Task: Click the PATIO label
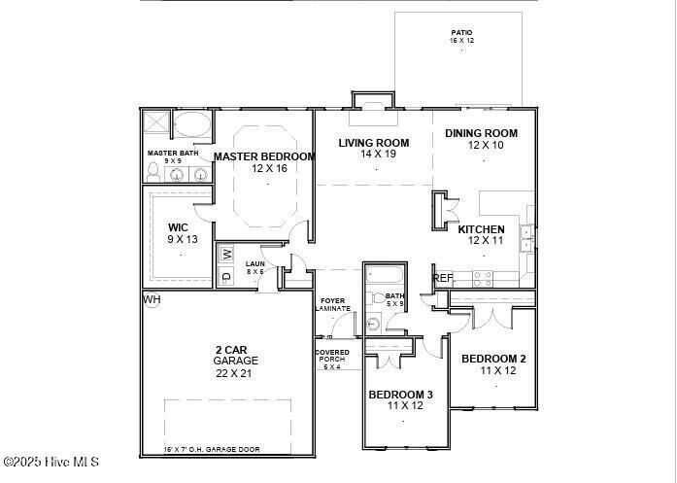[461, 33]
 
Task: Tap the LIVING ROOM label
[373, 143]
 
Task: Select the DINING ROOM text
[481, 133]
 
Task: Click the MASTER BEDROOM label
[264, 156]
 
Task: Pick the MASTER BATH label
[173, 154]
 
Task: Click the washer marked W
[226, 254]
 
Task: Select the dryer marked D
[226, 277]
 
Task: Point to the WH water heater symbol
[152, 299]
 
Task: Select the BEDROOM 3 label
[400, 395]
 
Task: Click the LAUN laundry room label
[254, 263]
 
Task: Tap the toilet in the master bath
[152, 171]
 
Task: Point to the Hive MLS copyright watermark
[51, 462]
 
